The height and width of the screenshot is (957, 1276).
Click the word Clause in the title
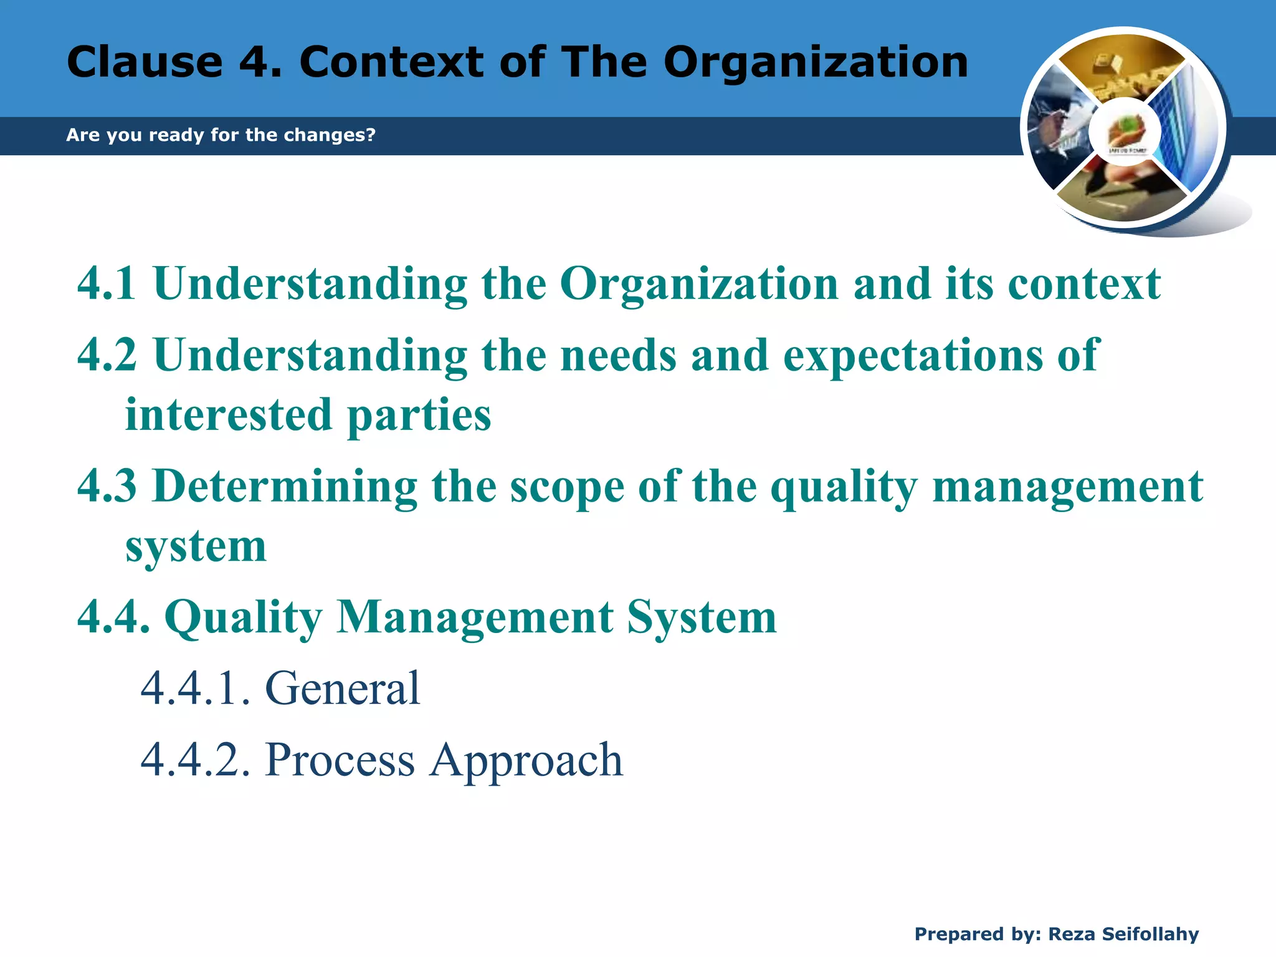coord(145,62)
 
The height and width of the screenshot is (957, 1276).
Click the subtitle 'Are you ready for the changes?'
coord(221,135)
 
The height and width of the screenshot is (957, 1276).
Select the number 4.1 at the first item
coord(107,284)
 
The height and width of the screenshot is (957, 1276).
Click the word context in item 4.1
coord(1084,284)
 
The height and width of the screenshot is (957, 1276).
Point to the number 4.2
coord(107,355)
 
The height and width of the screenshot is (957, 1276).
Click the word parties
coord(419,416)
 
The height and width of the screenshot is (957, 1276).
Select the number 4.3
coord(107,486)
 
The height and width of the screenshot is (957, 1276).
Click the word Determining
coord(285,486)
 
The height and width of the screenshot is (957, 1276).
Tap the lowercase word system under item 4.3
coord(196,547)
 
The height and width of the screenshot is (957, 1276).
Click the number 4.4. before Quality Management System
coord(113,617)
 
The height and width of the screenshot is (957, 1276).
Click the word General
coord(343,688)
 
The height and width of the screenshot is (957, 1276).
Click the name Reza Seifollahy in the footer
coord(1123,934)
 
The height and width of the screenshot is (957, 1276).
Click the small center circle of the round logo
coord(1125,132)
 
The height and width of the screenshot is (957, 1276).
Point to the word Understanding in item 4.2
coord(310,355)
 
